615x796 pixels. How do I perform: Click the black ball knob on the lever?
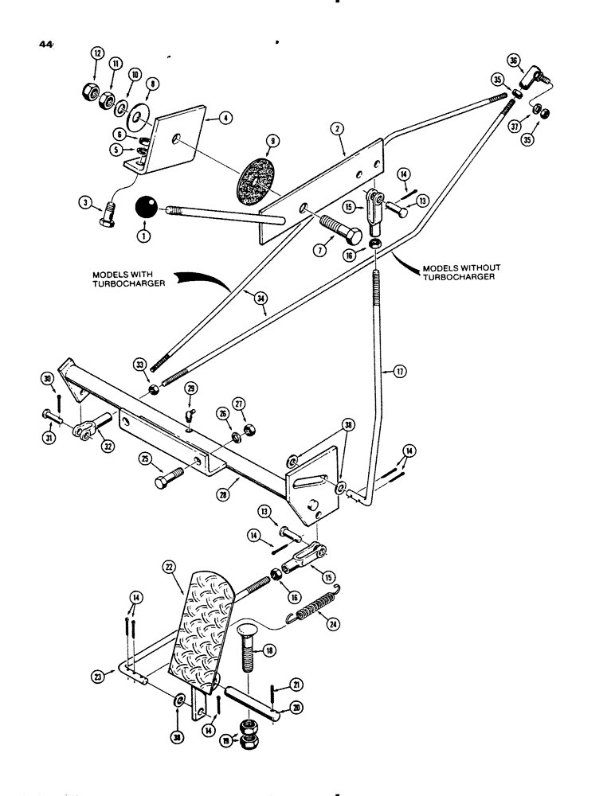147,209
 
